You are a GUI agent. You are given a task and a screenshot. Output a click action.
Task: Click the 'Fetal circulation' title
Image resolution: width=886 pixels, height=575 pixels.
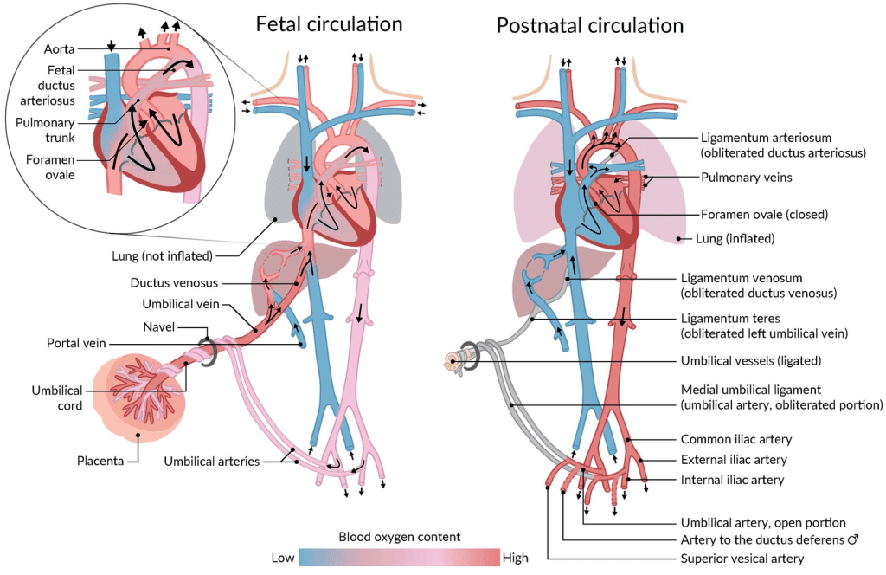329,24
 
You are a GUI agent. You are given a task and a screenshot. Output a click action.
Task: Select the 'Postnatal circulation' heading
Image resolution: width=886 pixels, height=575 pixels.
590,25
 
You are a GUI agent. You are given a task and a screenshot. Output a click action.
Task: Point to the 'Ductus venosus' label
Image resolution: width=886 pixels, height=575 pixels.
174,282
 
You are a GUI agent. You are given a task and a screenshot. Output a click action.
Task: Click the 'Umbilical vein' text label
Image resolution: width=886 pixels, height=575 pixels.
181,304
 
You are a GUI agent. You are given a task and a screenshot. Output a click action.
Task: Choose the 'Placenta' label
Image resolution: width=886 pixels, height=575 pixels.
100,461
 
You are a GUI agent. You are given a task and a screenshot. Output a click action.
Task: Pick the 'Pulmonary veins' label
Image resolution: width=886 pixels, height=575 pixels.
747,178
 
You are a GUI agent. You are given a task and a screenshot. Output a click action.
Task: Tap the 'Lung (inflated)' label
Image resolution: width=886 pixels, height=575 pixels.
735,239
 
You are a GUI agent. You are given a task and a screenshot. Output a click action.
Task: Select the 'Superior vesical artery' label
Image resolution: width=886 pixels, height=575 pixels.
742,559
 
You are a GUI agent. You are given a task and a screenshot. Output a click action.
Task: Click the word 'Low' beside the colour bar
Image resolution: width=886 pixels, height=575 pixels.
283,558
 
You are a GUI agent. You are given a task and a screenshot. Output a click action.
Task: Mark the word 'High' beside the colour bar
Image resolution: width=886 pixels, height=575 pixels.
516,558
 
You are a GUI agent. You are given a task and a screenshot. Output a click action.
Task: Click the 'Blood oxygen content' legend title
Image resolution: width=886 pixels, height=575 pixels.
400,537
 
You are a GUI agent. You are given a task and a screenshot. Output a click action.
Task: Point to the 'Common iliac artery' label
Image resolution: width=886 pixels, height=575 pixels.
736,439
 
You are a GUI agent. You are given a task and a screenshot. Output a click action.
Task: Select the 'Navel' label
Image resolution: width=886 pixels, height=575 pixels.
159,326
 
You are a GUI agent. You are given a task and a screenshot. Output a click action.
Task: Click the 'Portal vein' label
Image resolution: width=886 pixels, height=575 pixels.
76,343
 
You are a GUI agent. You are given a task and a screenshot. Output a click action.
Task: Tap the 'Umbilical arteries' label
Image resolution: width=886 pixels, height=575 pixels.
212,462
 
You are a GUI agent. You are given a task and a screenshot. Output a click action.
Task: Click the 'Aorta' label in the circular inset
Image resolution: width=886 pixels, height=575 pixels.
60,49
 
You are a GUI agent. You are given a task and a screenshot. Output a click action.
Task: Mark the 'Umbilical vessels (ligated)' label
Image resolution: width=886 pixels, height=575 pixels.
751,361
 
